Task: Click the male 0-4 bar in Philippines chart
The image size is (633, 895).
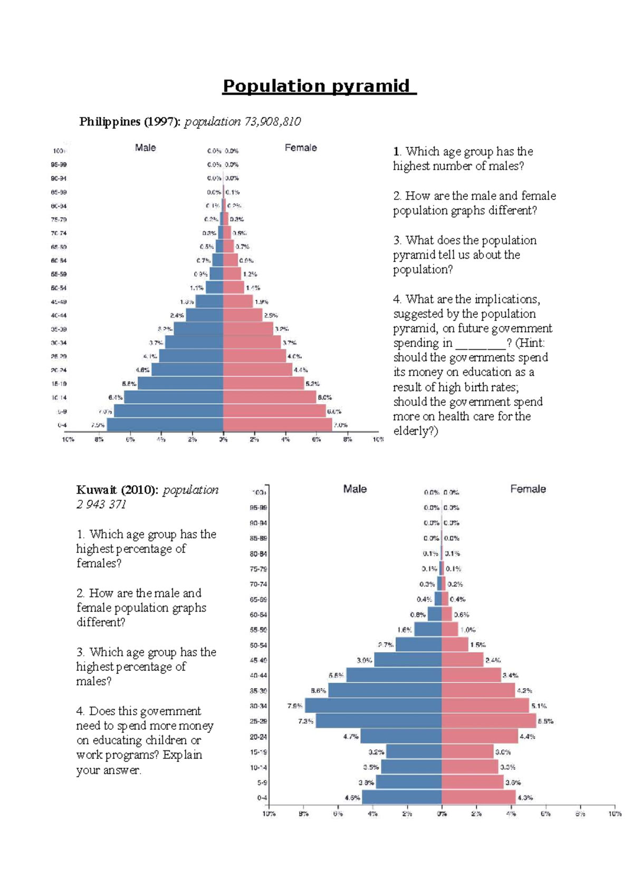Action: [165, 425]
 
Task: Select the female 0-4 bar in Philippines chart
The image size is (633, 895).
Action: [277, 425]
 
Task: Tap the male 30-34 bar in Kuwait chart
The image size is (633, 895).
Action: [373, 706]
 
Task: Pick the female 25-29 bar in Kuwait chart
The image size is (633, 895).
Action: [488, 721]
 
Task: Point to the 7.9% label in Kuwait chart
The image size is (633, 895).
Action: [294, 706]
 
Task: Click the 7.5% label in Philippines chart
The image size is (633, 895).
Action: [98, 425]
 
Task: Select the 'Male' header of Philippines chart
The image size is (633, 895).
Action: [145, 148]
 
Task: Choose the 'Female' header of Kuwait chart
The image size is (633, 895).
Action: [527, 489]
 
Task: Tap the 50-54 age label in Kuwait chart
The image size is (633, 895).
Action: [258, 645]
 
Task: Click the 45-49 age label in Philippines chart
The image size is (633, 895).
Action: [59, 302]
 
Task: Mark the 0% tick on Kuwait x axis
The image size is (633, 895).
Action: [442, 814]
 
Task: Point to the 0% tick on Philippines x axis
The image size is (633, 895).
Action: [223, 439]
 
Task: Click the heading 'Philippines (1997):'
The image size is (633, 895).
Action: [130, 122]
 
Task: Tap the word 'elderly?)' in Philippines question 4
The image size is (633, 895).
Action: [416, 431]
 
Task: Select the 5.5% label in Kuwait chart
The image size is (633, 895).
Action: [545, 721]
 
